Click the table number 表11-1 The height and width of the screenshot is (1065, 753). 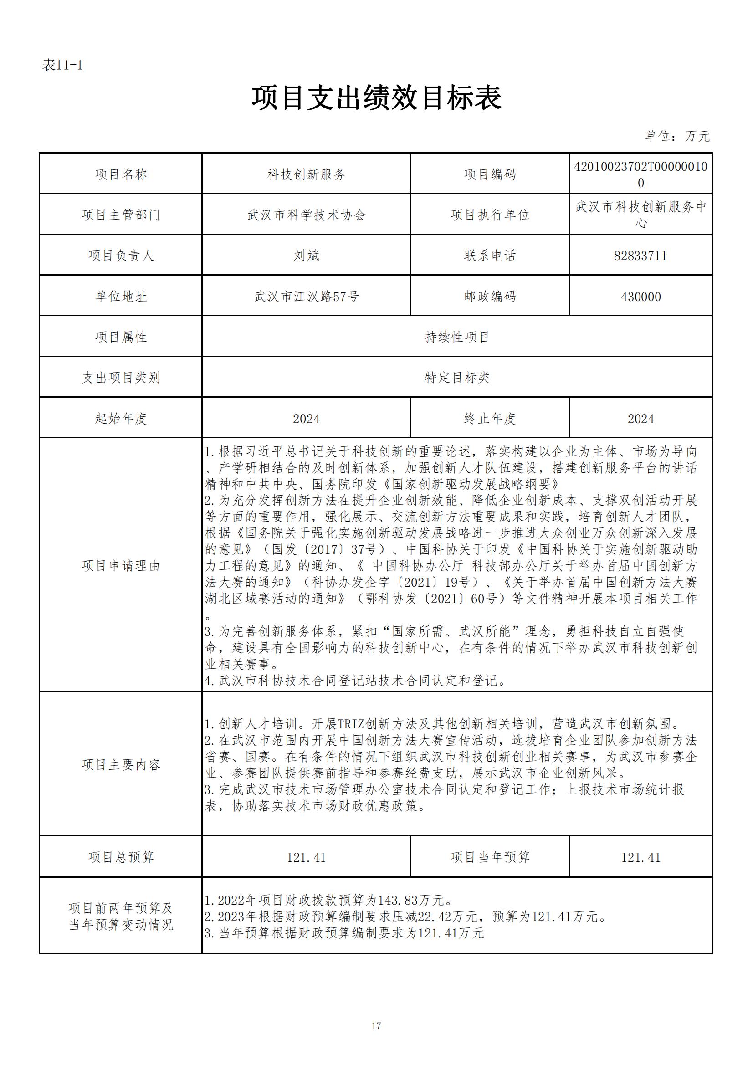62,66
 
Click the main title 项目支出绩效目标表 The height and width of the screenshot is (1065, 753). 376,98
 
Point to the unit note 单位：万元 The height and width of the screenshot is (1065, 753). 677,136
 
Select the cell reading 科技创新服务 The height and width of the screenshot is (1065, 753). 306,174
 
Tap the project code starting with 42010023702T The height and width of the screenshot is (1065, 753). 640,174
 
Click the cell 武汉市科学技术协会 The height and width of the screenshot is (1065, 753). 306,215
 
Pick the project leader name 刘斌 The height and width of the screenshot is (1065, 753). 306,256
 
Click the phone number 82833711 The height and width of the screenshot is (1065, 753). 640,256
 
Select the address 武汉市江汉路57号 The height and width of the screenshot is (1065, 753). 306,297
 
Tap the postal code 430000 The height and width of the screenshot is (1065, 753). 640,297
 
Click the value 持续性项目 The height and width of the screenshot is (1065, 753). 457,337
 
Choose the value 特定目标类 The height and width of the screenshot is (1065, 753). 457,378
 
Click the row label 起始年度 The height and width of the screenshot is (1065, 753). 121,418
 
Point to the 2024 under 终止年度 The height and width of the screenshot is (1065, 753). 640,418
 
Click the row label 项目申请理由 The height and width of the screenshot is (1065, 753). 121,565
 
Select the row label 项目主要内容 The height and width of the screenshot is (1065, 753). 121,764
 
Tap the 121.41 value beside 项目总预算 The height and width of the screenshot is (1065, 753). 306,857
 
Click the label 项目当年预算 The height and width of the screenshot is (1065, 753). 490,857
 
